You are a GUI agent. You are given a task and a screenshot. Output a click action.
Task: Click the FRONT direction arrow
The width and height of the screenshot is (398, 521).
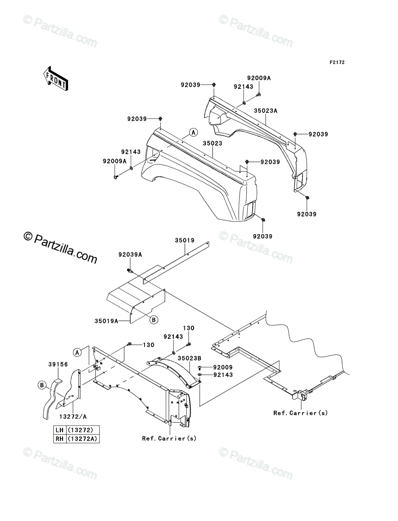click(56, 79)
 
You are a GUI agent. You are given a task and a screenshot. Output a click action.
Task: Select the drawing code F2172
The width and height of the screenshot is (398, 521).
click(337, 63)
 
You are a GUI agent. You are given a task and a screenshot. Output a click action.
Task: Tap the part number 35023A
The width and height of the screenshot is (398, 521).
click(266, 111)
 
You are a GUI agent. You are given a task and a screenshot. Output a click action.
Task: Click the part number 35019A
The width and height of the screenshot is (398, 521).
click(106, 321)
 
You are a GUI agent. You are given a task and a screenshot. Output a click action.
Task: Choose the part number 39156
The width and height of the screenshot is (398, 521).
click(58, 364)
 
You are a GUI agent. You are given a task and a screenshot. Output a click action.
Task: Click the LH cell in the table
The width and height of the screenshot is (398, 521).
click(59, 430)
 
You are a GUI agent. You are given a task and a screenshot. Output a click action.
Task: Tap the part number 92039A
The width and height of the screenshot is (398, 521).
click(130, 255)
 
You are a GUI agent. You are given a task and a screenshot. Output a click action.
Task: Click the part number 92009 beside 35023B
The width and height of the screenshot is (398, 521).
click(223, 367)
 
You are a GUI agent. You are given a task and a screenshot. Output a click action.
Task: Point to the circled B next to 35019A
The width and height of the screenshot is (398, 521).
click(154, 320)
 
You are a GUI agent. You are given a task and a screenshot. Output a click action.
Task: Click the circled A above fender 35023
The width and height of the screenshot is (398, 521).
click(194, 132)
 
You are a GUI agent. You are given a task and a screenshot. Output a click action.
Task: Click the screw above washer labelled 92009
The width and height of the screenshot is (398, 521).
click(200, 367)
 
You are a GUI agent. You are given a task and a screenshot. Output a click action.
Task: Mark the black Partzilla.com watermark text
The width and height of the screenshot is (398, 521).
click(60, 248)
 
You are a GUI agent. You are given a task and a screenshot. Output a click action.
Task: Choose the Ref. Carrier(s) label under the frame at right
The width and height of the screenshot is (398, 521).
click(300, 413)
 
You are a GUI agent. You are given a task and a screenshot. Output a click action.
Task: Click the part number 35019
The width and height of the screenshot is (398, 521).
click(185, 241)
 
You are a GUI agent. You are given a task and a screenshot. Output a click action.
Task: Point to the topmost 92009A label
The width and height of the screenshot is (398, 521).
click(259, 78)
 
